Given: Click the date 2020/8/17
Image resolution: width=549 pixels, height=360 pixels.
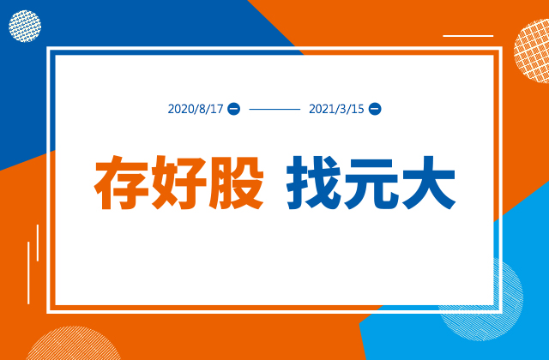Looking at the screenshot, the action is pyautogui.click(x=196, y=109).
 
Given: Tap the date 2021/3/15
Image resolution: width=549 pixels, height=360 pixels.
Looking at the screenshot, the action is pyautogui.click(x=336, y=109).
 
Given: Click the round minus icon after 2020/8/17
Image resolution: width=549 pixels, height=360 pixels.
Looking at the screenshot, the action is pyautogui.click(x=234, y=109).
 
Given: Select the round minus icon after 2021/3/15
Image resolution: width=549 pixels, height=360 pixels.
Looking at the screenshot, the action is pyautogui.click(x=375, y=109).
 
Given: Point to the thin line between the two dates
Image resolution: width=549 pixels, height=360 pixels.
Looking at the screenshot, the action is pyautogui.click(x=274, y=109).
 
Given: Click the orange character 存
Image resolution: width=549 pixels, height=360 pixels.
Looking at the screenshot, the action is pyautogui.click(x=121, y=183).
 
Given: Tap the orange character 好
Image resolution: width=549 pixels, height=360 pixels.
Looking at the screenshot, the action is pyautogui.click(x=178, y=183).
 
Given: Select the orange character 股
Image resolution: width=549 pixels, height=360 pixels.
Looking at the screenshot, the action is pyautogui.click(x=237, y=183).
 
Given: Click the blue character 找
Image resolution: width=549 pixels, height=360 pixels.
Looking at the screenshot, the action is pyautogui.click(x=314, y=183).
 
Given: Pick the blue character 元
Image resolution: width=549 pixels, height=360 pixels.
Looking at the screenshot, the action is pyautogui.click(x=371, y=183).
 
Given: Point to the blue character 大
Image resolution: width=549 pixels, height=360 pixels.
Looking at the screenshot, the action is pyautogui.click(x=429, y=183).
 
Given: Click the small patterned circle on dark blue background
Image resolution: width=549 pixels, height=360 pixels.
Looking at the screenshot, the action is pyautogui.click(x=25, y=27).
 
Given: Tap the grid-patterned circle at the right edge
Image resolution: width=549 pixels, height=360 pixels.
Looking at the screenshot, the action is pyautogui.click(x=532, y=51).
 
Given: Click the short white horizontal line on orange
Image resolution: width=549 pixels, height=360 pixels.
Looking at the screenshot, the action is pyautogui.click(x=468, y=36).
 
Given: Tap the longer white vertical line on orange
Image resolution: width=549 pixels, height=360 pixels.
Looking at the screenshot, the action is pyautogui.click(x=28, y=273).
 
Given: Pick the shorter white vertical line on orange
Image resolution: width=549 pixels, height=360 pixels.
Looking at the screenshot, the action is pyautogui.click(x=38, y=243).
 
